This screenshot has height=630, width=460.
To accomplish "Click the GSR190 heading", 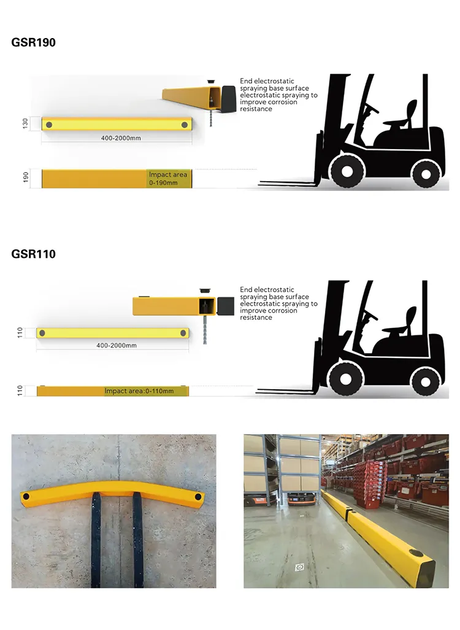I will coord(34,43).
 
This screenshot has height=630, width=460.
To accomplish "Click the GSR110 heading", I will coord(34,254).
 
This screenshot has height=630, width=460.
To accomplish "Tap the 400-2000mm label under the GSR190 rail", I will coord(121,138).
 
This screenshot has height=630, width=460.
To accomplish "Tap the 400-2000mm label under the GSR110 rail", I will coord(117,346).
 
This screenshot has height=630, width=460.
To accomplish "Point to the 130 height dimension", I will coord(26,123).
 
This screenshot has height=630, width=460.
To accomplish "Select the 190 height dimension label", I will coord(26,178).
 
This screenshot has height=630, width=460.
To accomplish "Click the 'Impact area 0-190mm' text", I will coord(167,179).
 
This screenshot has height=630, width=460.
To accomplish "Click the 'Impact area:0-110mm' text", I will coord(139,391).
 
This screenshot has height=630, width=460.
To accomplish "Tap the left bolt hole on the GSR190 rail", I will coord(49,125).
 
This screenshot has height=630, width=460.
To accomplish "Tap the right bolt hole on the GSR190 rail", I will coord(185,125).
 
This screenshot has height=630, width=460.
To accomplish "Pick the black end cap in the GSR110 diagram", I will coord(225,305).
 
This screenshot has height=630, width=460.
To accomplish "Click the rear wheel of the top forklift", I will coord(424,173).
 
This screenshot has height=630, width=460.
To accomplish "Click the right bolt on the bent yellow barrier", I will coord(197,496).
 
